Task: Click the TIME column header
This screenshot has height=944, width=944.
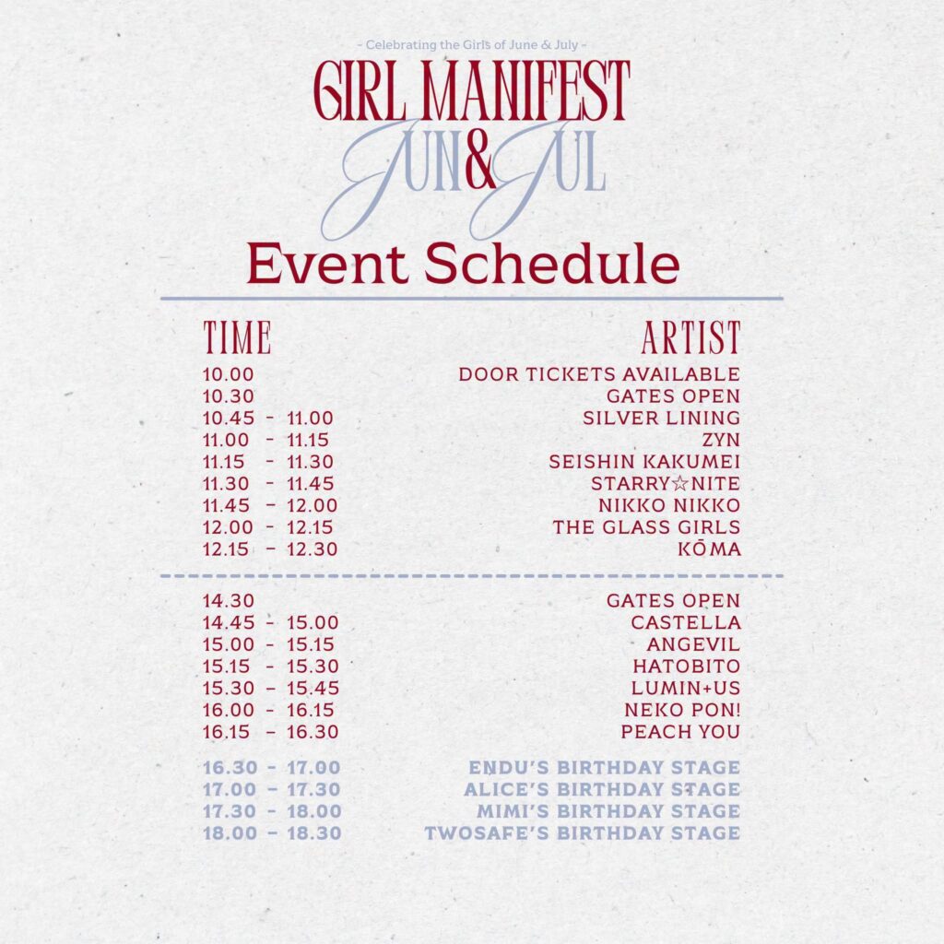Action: pyautogui.click(x=237, y=337)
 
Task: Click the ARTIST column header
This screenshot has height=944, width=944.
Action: pyautogui.click(x=691, y=337)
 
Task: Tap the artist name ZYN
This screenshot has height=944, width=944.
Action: pyautogui.click(x=721, y=440)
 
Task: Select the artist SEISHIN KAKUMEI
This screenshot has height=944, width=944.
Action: pyautogui.click(x=644, y=462)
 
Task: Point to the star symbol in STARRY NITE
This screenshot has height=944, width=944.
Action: pyautogui.click(x=679, y=484)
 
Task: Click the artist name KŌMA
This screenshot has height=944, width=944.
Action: pyautogui.click(x=709, y=549)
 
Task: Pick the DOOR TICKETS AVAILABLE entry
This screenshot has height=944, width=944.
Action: pyautogui.click(x=599, y=374)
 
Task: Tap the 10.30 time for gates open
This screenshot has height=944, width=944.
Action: pyautogui.click(x=229, y=396)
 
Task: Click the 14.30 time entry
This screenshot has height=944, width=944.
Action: pyautogui.click(x=229, y=601)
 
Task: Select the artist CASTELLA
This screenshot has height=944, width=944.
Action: pyautogui.click(x=686, y=622)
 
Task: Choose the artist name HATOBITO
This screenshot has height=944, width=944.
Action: pyautogui.click(x=686, y=667)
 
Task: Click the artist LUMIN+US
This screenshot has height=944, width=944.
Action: pyautogui.click(x=686, y=688)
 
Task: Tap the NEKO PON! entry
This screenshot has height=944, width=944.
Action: pyautogui.click(x=682, y=710)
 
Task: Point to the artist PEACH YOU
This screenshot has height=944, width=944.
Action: pyautogui.click(x=680, y=732)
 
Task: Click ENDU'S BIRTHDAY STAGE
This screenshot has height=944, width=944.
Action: pyautogui.click(x=605, y=768)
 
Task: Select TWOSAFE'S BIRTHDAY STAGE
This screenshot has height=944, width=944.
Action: pyautogui.click(x=583, y=833)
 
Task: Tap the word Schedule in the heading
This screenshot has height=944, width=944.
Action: pyautogui.click(x=551, y=264)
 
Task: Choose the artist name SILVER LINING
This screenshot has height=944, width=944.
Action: pyautogui.click(x=661, y=418)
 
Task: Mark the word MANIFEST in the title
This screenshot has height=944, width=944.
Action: pyautogui.click(x=525, y=90)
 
